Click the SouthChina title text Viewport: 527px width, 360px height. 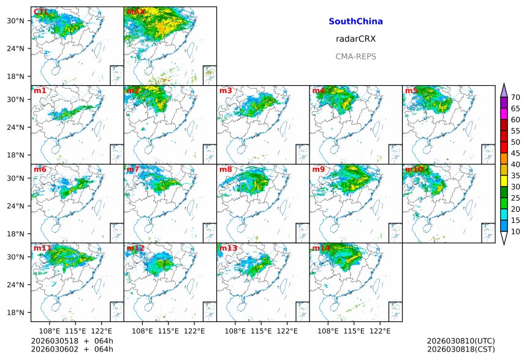click(x=355, y=21)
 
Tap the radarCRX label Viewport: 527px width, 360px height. click(x=355, y=39)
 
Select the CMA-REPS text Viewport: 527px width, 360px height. click(x=355, y=56)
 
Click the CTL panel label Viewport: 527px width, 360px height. click(x=42, y=12)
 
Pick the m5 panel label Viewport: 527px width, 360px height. click(x=411, y=91)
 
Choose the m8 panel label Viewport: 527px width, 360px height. click(x=226, y=170)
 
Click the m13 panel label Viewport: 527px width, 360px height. click(x=227, y=248)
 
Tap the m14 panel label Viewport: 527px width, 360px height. click(x=320, y=248)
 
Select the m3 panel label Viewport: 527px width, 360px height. click(x=226, y=91)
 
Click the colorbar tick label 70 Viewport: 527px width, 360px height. click(x=515, y=97)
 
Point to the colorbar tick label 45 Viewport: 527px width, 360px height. click(x=515, y=154)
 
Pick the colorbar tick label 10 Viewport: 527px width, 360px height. click(x=515, y=232)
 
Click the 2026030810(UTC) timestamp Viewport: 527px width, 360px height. click(x=460, y=340)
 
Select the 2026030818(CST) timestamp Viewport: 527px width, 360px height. click(x=460, y=349)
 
